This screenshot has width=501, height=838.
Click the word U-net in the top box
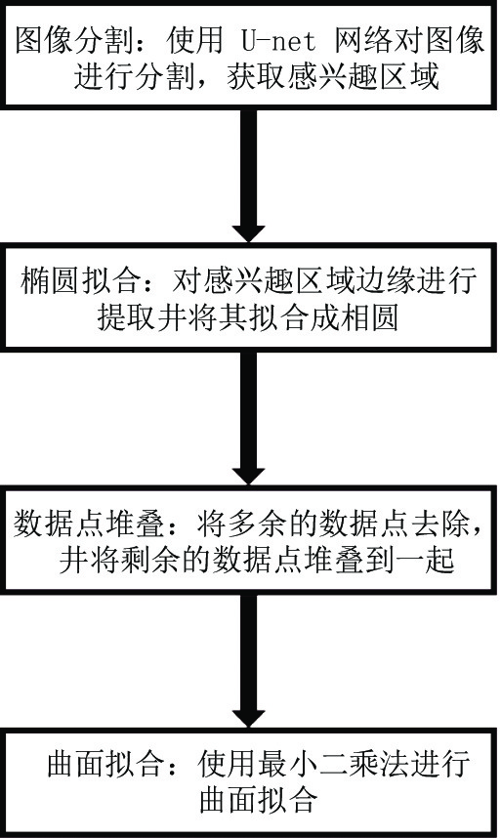pos(278,41)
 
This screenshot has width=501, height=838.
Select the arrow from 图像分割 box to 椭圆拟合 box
pos(249,176)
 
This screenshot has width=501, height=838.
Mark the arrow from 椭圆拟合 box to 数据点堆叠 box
pos(249,418)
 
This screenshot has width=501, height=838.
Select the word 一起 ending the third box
pos(425,560)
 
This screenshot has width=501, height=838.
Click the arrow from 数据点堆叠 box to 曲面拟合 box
pos(249,660)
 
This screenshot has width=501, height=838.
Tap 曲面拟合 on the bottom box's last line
pos(259,800)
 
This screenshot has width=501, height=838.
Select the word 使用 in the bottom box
pos(228,764)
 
